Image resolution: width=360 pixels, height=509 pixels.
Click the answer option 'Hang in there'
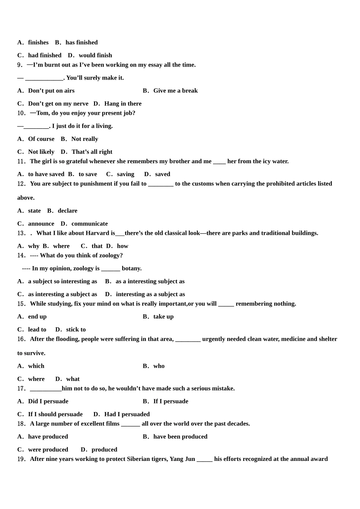[x=123, y=104]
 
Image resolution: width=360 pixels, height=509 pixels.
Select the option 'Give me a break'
[x=175, y=91]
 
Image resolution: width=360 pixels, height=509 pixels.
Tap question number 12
[x=21, y=184]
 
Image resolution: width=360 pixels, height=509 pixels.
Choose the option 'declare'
[x=67, y=211]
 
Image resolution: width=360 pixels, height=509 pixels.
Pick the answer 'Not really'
[x=85, y=139]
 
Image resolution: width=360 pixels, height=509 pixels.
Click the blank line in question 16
[x=188, y=339]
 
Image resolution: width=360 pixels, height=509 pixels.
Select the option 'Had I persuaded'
[x=127, y=414]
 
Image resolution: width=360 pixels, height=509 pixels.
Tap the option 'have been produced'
[x=180, y=437]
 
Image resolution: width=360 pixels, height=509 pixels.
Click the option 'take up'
[x=163, y=317]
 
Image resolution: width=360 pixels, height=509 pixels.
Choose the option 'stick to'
[x=76, y=329]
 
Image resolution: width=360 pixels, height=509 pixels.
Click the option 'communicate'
[x=89, y=224]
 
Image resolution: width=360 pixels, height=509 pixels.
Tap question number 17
[x=21, y=389]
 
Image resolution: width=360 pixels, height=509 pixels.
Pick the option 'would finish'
[x=95, y=55]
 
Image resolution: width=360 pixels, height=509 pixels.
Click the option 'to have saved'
[x=46, y=174]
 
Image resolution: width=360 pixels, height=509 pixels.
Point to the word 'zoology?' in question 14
[x=110, y=256]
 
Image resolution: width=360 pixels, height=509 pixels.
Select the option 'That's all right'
[x=92, y=152]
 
